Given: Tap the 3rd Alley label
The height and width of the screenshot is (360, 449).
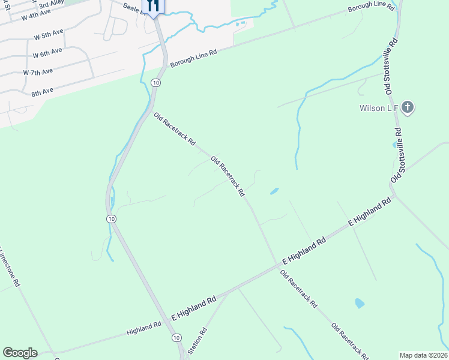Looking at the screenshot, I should click(52, 4).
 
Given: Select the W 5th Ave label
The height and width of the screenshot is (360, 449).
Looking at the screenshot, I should click(49, 35).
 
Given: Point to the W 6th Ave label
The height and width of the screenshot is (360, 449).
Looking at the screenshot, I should click(47, 53).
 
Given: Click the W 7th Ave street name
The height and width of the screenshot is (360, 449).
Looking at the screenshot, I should click(38, 72).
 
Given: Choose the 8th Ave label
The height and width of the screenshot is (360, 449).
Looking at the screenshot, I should click(42, 91).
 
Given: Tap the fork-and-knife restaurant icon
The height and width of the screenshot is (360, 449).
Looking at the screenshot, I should click(152, 6).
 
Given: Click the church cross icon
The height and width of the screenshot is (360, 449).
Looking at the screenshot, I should click(408, 108).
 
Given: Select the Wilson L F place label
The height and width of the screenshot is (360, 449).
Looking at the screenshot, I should click(379, 109).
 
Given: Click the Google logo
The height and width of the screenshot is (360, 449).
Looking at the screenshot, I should click(20, 353).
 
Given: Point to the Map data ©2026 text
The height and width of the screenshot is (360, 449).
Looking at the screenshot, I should click(423, 355).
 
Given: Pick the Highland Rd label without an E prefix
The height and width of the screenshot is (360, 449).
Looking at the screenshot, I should click(144, 328).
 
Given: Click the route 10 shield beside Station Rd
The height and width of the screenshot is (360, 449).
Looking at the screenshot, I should click(176, 338).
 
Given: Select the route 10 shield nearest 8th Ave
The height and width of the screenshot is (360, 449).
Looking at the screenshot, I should click(155, 82).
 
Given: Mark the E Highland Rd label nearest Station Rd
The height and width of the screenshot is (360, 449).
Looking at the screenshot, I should click(193, 308).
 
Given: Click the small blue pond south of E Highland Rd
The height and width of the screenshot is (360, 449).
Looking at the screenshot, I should click(360, 303).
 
